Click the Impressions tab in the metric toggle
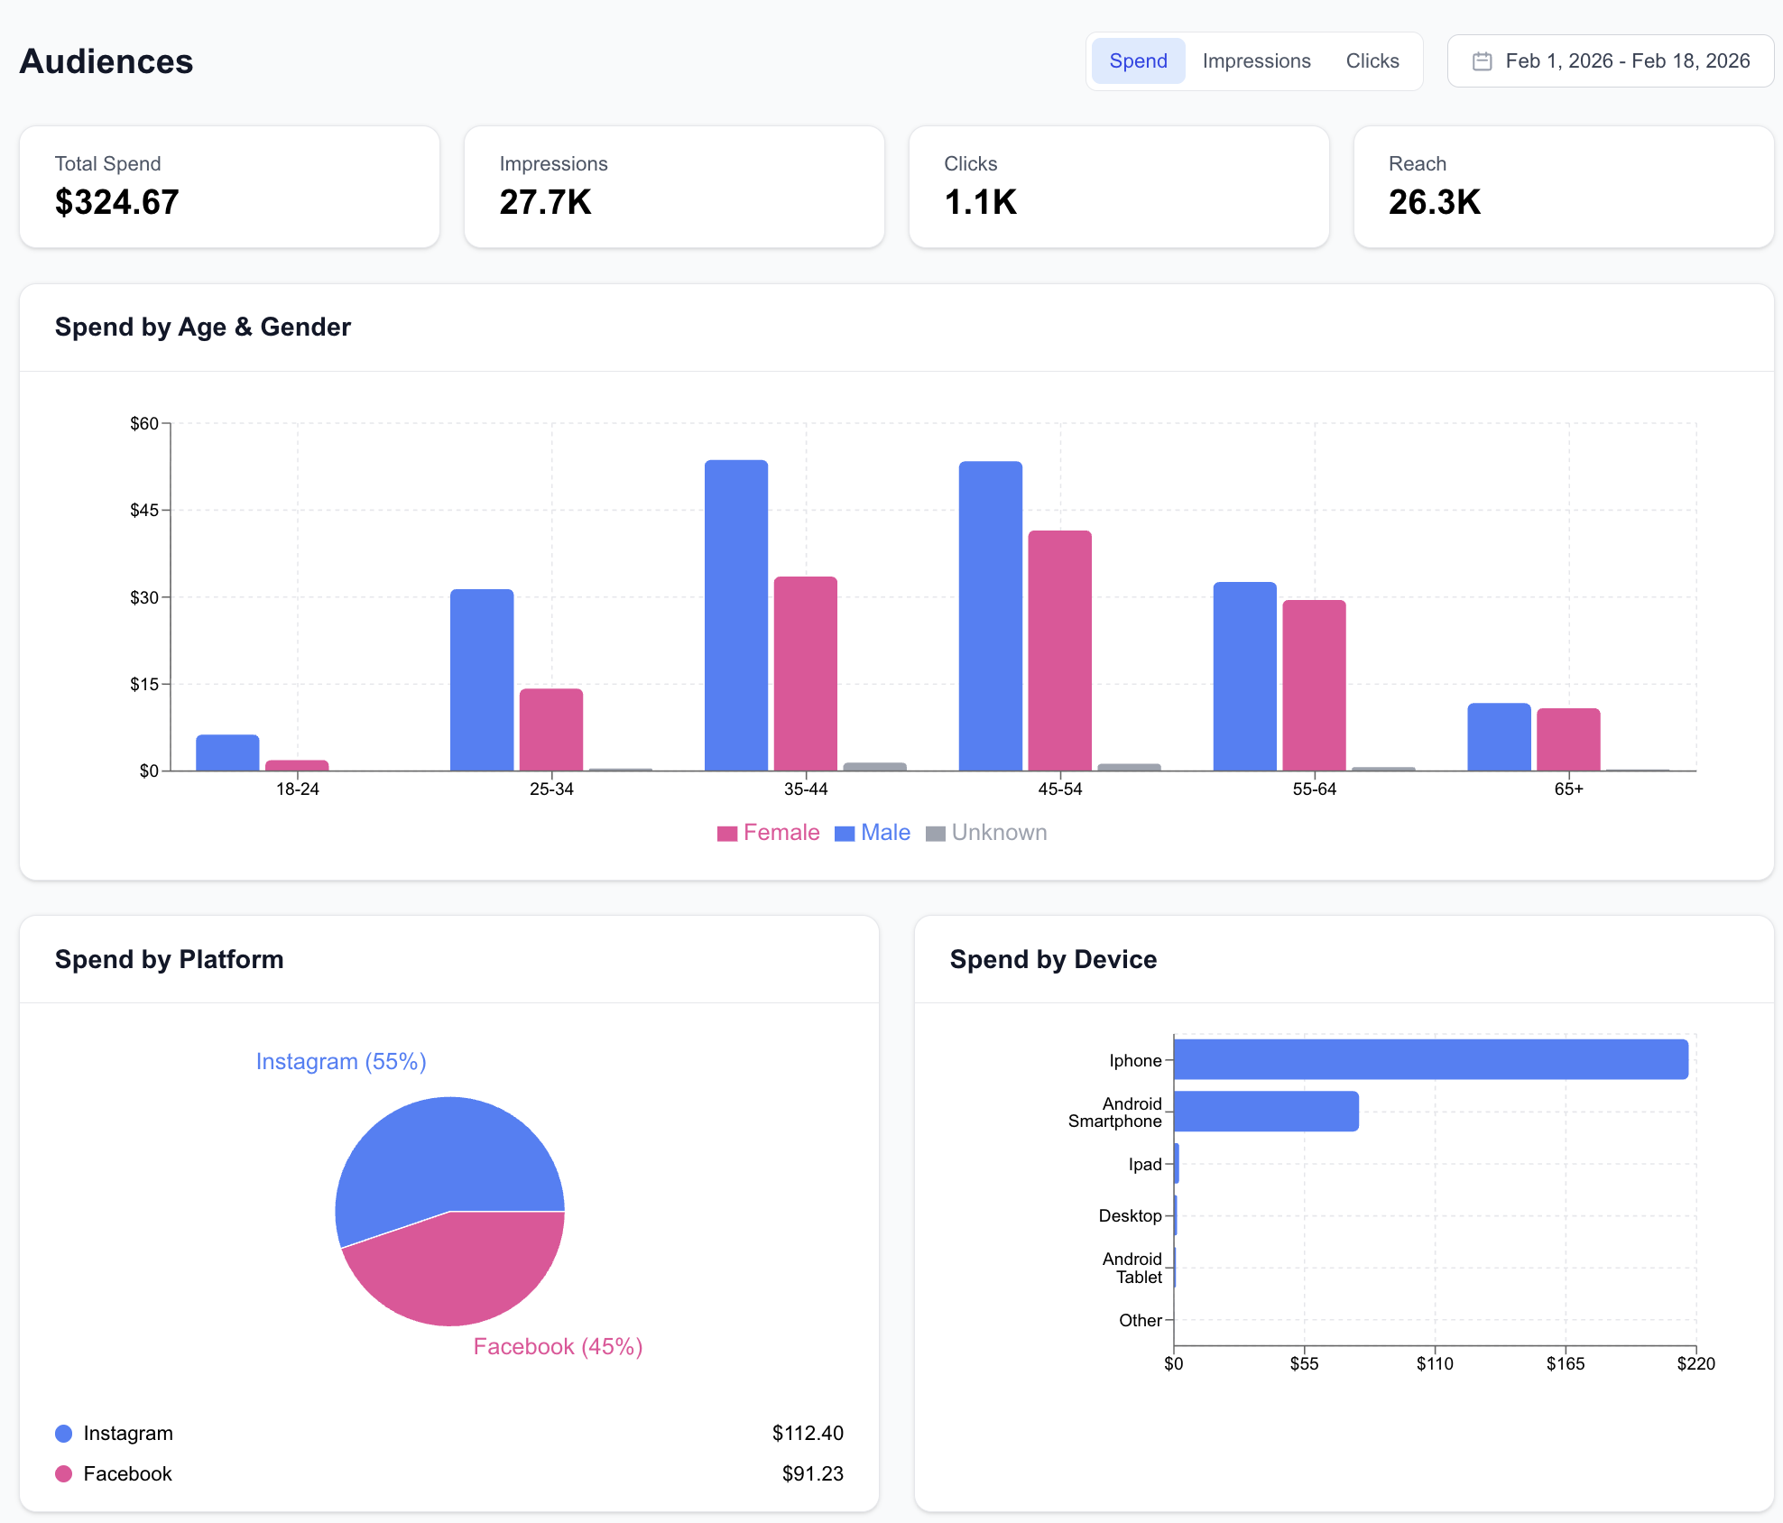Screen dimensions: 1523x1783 tap(1256, 61)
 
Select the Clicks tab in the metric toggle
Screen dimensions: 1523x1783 tap(1372, 61)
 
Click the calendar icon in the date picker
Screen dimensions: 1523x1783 tap(1482, 61)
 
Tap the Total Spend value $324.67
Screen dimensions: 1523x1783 tap(117, 202)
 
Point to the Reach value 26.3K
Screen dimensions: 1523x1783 tap(1435, 202)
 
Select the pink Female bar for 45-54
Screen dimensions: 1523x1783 tap(1059, 651)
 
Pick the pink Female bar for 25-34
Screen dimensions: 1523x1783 tap(551, 730)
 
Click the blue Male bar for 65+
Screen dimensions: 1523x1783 tap(1499, 737)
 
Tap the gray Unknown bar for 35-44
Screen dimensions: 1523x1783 tap(874, 767)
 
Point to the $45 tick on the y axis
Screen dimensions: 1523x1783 tap(144, 511)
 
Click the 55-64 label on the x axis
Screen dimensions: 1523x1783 tap(1314, 789)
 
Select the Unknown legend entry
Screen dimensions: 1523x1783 tap(987, 833)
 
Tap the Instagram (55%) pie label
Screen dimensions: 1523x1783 tap(341, 1062)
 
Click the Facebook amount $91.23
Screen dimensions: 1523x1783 tap(812, 1473)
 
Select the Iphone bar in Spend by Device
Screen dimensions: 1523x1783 tap(1430, 1059)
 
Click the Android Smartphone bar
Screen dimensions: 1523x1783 tap(1266, 1112)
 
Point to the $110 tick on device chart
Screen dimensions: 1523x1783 tap(1435, 1363)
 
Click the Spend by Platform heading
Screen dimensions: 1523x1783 tap(170, 959)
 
